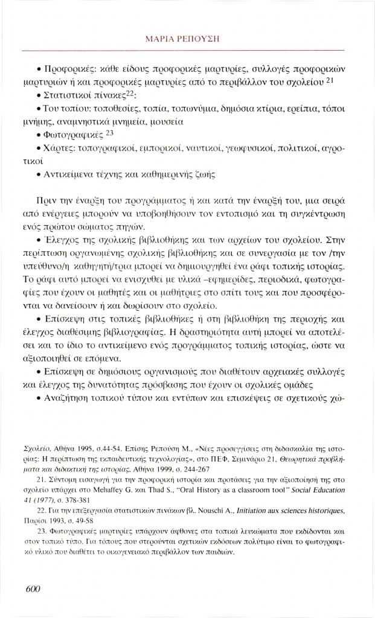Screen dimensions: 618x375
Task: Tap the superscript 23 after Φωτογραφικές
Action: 109,133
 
